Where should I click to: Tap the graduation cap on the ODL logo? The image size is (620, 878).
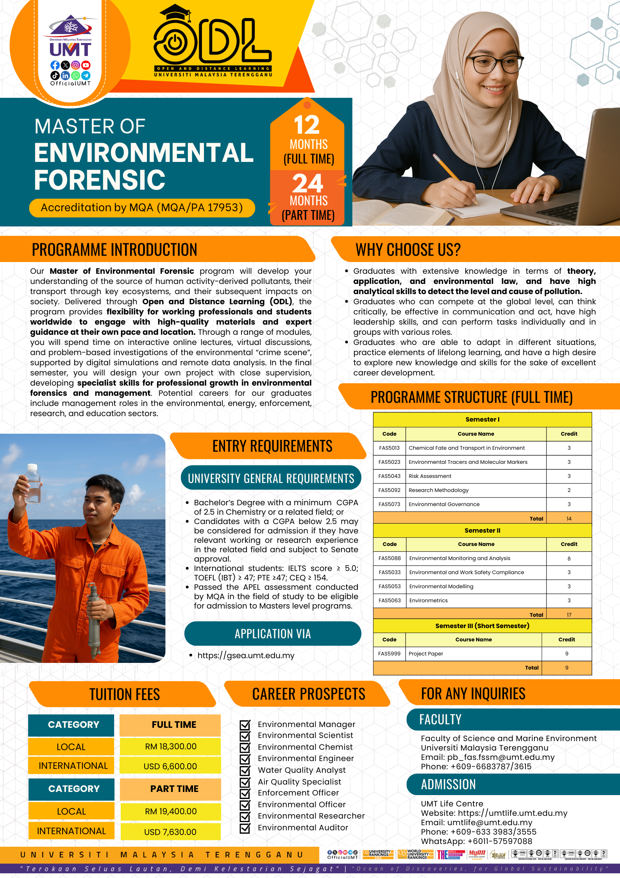175,13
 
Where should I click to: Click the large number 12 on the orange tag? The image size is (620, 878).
307,125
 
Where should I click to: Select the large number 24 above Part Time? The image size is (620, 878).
308,183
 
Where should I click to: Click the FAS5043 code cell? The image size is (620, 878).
390,476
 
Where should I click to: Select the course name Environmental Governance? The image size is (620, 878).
444,504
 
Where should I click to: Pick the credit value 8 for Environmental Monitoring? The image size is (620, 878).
569,558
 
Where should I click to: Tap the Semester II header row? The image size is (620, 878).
482,530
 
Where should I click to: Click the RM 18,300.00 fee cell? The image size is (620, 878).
171,746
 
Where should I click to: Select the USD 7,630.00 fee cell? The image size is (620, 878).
170,832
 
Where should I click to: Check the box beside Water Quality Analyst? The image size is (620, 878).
245,770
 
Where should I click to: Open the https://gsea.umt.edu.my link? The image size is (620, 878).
246,655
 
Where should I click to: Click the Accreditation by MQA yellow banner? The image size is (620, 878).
142,207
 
